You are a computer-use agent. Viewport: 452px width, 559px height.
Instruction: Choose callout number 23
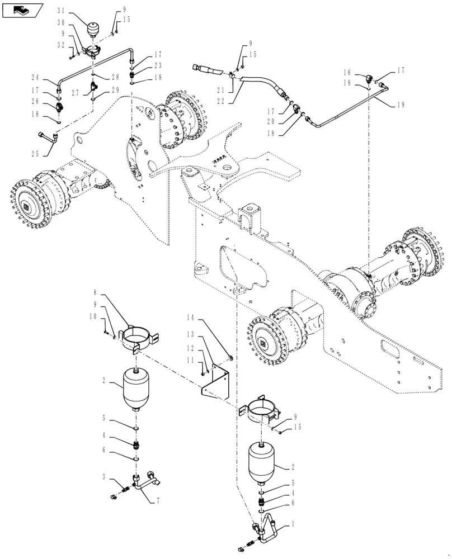158,65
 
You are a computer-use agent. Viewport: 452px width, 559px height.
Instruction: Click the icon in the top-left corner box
23,10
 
